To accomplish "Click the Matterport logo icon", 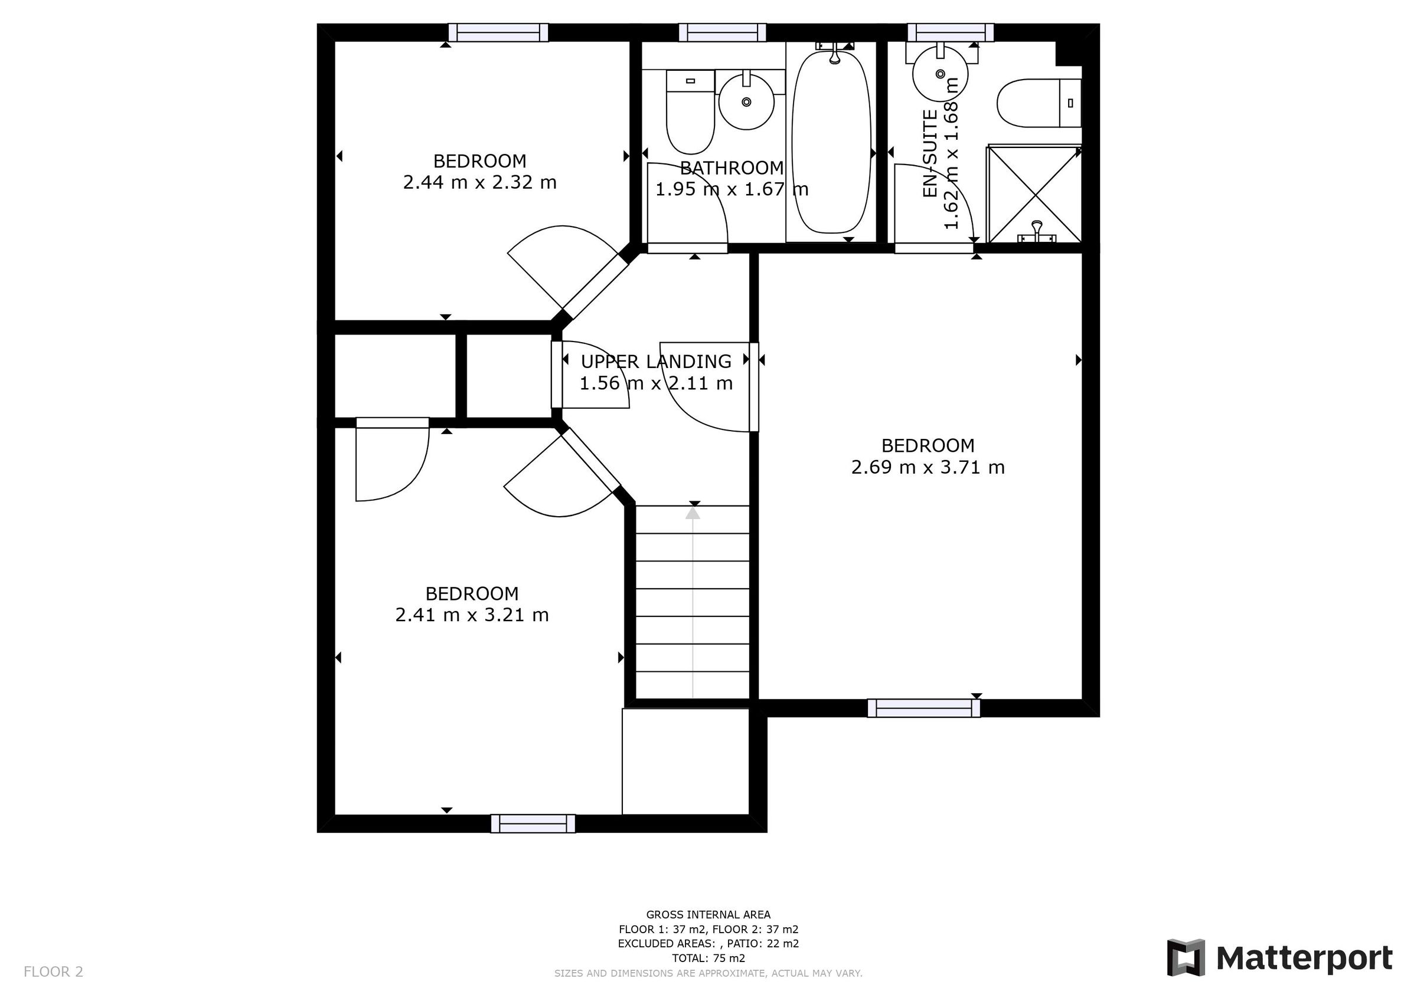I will point(1186,958).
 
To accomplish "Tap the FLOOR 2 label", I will point(53,972).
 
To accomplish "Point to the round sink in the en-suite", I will point(939,73).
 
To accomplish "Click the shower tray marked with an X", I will point(1034,193).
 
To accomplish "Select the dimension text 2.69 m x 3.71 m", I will point(928,468).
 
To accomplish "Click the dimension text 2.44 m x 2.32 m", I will point(479,182).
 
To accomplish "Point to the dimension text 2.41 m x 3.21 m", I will point(472,615).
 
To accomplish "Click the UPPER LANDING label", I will point(655,362).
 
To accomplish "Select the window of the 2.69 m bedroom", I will point(923,708).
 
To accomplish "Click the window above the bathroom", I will point(722,32).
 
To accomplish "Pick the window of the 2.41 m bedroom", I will point(533,823).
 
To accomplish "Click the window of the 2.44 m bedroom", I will point(498,32).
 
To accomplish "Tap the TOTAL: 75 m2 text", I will point(708,959).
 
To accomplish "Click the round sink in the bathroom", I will point(746,102).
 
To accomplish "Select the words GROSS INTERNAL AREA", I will point(708,915).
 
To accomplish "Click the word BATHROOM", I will point(732,168).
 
